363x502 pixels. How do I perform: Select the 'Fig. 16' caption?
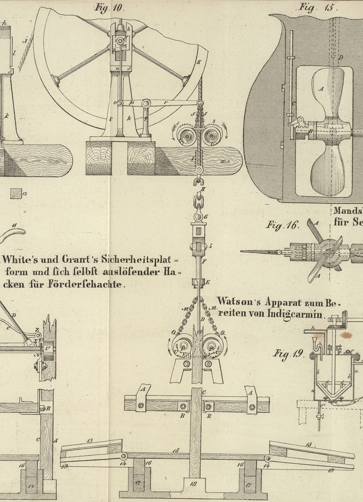(282, 225)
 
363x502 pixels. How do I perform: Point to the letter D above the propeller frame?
(340, 58)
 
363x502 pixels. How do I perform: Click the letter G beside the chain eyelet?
(206, 217)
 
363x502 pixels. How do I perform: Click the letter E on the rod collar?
(208, 282)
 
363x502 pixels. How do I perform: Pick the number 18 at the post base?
(193, 484)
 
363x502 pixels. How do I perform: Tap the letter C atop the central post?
(204, 392)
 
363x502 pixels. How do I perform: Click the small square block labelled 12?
(18, 193)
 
